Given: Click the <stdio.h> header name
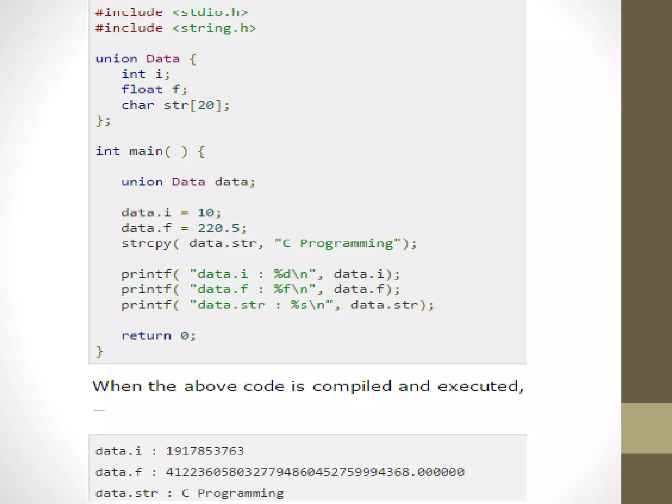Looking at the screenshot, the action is point(210,13).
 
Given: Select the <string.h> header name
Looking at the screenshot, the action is point(214,28).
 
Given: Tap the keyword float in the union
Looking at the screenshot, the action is point(142,89).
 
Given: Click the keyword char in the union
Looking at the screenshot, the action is point(137,105).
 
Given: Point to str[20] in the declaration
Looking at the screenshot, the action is point(193,105).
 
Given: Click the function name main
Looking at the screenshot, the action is point(146,151).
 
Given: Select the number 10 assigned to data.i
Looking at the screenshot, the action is point(206,213).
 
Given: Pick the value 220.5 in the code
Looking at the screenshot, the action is point(219,228).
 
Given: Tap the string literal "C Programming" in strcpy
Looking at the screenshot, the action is point(338,243).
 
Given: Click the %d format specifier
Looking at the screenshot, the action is point(283,274).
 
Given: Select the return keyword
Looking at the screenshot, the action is point(146,336).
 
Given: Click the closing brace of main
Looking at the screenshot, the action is point(99,351).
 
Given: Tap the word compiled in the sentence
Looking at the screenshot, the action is point(352,386).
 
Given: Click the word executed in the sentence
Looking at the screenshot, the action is point(480,386).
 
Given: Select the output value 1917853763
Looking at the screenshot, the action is point(205,451).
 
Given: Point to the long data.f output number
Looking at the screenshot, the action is point(315,472).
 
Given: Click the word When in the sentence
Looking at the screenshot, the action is point(117,386).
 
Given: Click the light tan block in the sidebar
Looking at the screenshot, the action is point(646,428).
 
